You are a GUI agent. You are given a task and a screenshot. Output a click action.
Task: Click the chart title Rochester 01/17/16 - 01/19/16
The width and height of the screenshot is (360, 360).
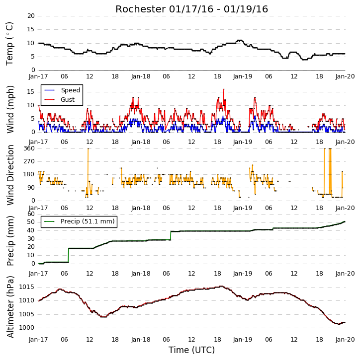point(191,9)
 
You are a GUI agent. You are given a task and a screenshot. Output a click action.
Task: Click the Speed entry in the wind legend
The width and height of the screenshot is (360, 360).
point(70,90)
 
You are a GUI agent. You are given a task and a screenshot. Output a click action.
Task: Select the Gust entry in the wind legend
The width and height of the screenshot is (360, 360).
point(68,100)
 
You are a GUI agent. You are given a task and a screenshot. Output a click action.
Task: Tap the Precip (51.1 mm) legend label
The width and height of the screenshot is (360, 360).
point(88,221)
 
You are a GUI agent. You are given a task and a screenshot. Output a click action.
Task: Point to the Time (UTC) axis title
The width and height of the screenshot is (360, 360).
point(191,350)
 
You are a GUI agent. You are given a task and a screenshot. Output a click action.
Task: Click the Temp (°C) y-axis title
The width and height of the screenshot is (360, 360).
point(9,44)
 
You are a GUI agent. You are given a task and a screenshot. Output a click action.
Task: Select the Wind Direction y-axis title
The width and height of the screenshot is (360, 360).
point(10,175)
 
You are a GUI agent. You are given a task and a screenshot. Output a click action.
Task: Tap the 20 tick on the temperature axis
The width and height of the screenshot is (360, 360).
point(31,16)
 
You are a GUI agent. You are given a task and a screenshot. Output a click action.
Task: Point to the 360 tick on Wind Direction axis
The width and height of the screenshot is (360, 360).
point(29,148)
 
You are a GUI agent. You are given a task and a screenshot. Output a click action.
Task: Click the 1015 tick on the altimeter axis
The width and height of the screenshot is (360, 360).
point(26,287)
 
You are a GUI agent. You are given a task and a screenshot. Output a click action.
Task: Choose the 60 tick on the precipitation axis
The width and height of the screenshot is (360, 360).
point(31,214)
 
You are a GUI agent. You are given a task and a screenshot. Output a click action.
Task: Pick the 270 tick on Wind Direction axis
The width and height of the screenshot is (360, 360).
point(29,161)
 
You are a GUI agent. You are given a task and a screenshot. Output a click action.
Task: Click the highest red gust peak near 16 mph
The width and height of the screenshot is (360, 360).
point(224,89)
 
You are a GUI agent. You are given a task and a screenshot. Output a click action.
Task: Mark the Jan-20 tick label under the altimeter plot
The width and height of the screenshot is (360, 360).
point(345,340)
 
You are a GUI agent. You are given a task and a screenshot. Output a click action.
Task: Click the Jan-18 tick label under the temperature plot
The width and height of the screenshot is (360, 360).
point(141,76)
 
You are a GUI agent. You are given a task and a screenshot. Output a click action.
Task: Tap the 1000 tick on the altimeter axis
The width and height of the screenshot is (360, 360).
point(26,328)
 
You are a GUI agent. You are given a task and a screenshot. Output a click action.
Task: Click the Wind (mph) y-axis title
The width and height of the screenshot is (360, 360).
point(10,109)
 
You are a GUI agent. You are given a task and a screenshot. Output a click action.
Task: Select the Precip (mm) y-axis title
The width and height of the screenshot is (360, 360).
point(10,241)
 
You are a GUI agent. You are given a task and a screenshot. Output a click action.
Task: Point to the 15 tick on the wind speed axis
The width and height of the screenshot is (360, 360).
point(31,92)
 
